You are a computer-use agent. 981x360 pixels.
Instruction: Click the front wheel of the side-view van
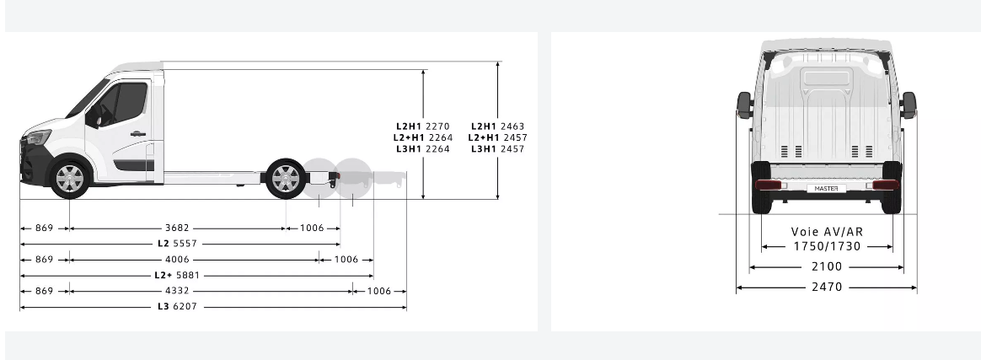click(69, 179)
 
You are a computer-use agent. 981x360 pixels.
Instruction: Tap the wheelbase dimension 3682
click(177, 228)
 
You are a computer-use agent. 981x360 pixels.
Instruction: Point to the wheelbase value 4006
click(177, 259)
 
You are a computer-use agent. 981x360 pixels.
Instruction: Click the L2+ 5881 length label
click(177, 275)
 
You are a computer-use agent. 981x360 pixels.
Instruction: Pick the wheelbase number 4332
click(177, 291)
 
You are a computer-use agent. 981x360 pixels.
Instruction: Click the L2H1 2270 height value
click(422, 126)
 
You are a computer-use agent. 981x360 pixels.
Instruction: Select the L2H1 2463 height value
click(497, 126)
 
